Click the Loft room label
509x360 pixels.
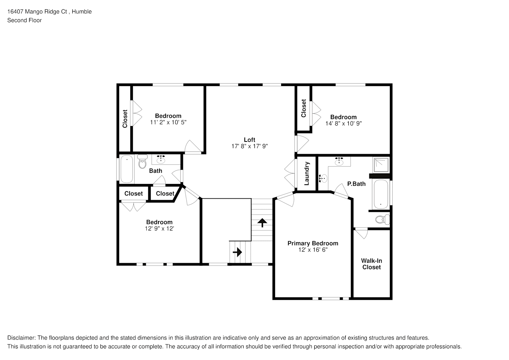click(x=249, y=140)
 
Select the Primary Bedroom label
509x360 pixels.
click(x=312, y=243)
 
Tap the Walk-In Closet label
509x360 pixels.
click(x=371, y=264)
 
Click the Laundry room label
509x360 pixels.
click(x=307, y=174)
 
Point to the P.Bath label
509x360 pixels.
click(x=356, y=184)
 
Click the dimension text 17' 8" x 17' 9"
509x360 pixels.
click(x=249, y=146)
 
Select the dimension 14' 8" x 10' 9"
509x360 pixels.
click(x=343, y=123)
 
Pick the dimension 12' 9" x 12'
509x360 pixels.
click(x=159, y=229)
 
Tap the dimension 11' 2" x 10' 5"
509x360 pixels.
click(x=168, y=122)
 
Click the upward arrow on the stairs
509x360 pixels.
click(x=262, y=222)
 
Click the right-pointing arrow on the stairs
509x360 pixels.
click(x=237, y=252)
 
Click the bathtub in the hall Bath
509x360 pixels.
click(x=126, y=169)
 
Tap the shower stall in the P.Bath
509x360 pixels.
click(x=381, y=165)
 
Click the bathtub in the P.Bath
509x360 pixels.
click(x=380, y=194)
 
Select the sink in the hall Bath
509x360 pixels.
click(x=161, y=159)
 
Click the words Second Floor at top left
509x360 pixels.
click(x=24, y=20)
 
